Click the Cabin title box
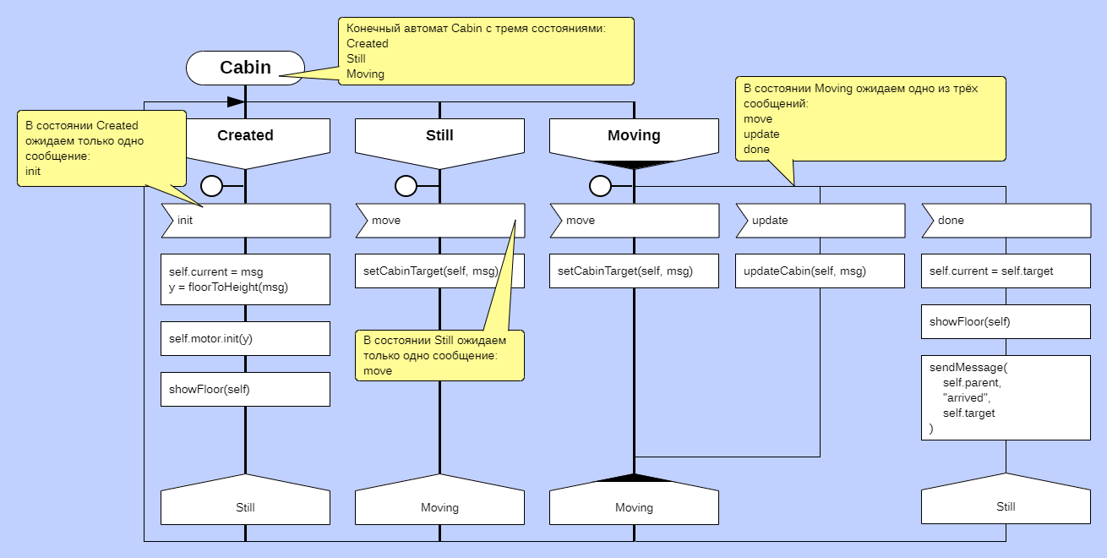[245, 68]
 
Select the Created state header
[245, 135]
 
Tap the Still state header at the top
[439, 135]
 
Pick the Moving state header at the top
[634, 135]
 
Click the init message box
[245, 221]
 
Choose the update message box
[820, 221]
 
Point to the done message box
[1006, 221]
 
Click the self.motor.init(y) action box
[245, 338]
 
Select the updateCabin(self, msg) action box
[820, 271]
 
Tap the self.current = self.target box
[1006, 271]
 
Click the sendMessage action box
[1006, 397]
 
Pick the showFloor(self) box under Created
[245, 389]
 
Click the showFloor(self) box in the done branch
[1006, 321]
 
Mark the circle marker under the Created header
[211, 185]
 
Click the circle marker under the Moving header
[600, 185]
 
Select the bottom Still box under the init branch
[245, 507]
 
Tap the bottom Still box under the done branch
[1006, 506]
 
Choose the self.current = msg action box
[245, 279]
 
